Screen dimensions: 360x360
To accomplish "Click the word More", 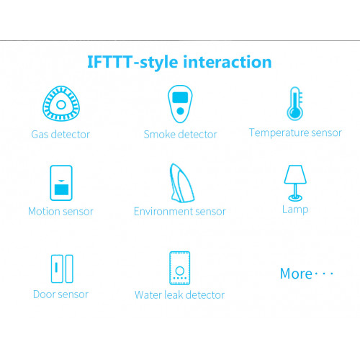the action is pyautogui.click(x=296, y=274).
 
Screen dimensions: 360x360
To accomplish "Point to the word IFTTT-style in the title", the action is pyautogui.click(x=132, y=63).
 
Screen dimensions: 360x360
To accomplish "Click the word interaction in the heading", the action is pyautogui.click(x=228, y=62).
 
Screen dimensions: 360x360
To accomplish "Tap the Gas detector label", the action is pyautogui.click(x=60, y=135).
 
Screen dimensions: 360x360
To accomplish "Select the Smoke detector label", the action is pyautogui.click(x=180, y=135).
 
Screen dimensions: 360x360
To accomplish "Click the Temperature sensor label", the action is pyautogui.click(x=295, y=132).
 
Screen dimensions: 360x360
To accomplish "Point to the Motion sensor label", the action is pyautogui.click(x=60, y=212).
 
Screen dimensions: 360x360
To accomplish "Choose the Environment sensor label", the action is pyautogui.click(x=180, y=212).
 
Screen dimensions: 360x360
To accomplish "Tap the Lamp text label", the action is pyautogui.click(x=295, y=210).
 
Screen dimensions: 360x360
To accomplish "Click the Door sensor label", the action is pyautogui.click(x=60, y=294).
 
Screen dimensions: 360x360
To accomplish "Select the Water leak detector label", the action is pyautogui.click(x=179, y=294).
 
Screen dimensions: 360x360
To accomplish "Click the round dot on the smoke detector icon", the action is pyautogui.click(x=180, y=111).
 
